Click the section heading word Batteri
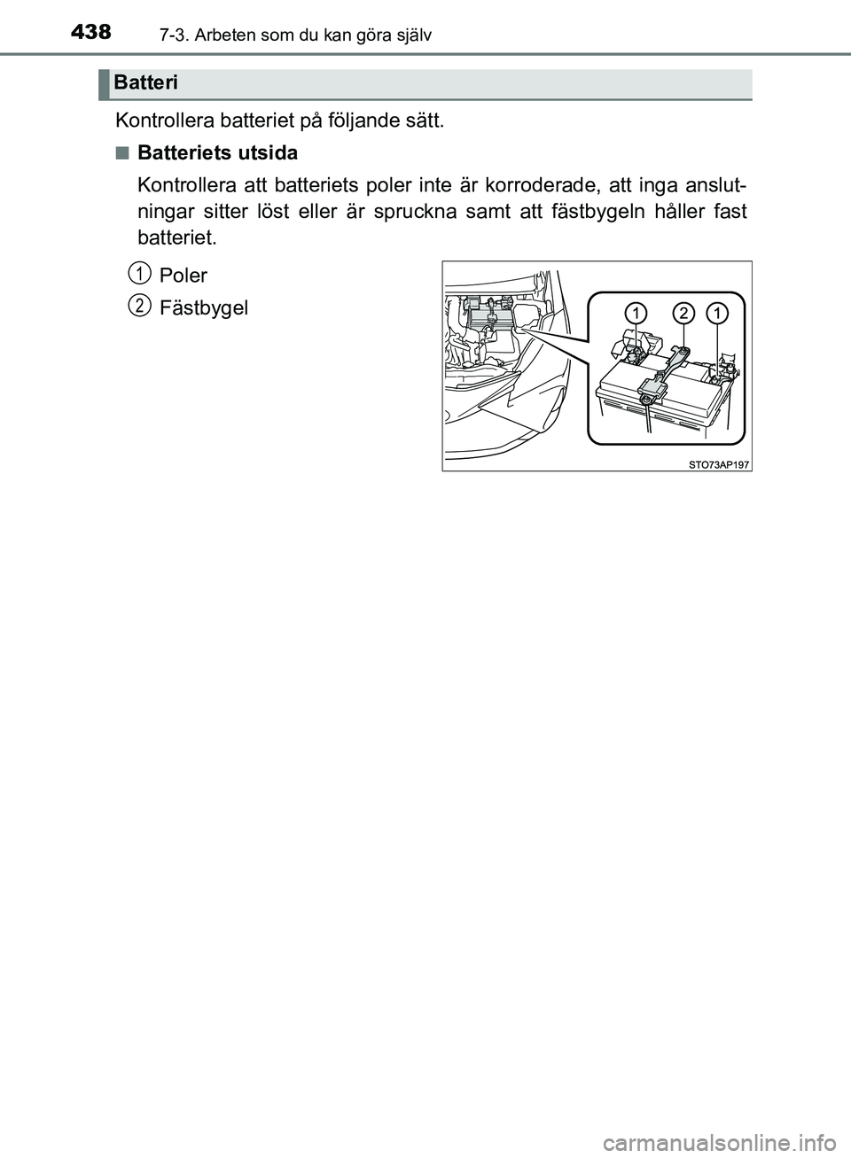pos(146,83)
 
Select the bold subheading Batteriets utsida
pos(218,153)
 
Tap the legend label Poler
pos(183,275)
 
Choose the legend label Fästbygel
pos(204,308)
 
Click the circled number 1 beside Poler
pos(137,269)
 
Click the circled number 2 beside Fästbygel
pos(137,304)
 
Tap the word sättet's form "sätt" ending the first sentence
pos(422,120)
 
